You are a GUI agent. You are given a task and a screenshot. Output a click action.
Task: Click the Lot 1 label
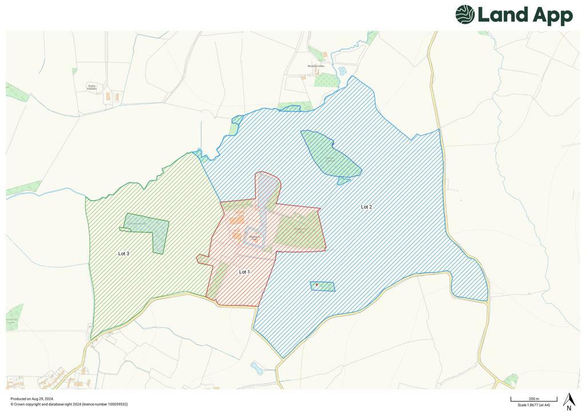pos(244,272)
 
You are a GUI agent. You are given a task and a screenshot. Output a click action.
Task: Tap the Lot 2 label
pos(366,207)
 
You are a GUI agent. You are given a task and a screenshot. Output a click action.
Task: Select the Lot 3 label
pos(124,253)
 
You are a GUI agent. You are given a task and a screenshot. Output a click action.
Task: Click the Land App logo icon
pos(465,15)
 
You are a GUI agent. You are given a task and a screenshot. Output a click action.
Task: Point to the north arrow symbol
pos(568,401)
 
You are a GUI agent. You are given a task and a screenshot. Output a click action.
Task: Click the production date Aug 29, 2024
pos(42,399)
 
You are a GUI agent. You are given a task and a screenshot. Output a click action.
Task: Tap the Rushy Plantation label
pos(92,87)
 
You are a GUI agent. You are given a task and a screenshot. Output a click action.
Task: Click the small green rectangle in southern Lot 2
pos(323,286)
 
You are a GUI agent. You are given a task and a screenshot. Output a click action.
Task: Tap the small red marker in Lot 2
pos(316,284)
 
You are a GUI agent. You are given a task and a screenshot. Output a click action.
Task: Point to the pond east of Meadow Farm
pos(342,71)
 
